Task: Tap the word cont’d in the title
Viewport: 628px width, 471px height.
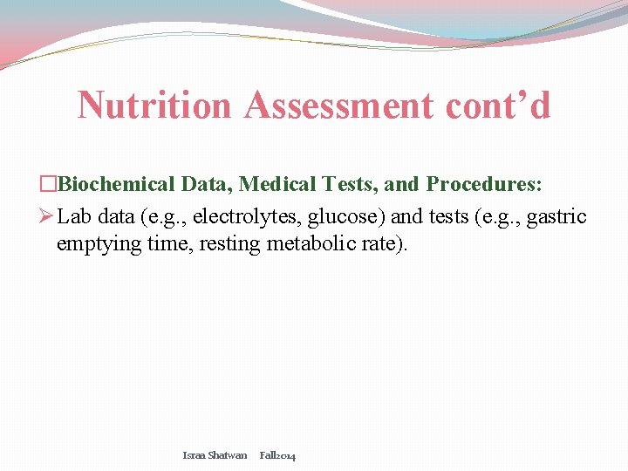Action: (x=498, y=106)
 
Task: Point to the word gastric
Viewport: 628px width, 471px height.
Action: (x=559, y=216)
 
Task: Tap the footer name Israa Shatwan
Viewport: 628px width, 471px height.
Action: (x=215, y=455)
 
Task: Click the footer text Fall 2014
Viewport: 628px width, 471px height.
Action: (x=277, y=455)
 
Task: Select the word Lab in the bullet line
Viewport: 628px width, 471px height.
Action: (x=74, y=216)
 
